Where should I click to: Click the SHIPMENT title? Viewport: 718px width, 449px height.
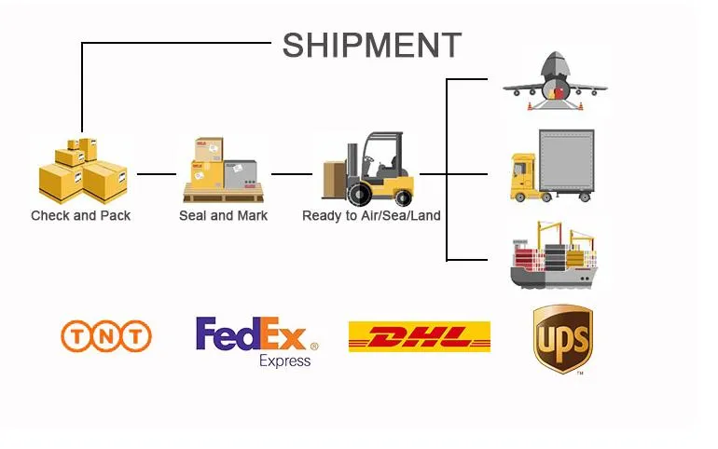(371, 45)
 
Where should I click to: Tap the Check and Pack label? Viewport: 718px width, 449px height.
(81, 215)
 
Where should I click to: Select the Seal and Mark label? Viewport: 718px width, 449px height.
(223, 215)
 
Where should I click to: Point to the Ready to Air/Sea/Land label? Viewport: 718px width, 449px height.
(371, 215)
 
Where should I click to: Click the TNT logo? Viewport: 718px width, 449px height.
(105, 335)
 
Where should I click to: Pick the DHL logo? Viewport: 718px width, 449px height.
(419, 336)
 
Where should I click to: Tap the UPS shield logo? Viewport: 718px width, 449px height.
(562, 338)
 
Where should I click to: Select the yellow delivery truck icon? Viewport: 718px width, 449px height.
(551, 167)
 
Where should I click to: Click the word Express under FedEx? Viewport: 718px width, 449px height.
(284, 361)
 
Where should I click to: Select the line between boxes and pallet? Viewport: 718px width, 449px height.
(156, 173)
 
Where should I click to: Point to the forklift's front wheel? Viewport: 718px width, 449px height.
(358, 196)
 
